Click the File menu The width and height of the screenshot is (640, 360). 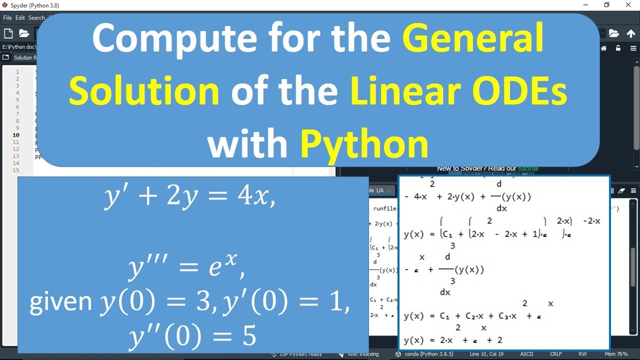(x=7, y=17)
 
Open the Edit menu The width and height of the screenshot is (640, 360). (x=20, y=17)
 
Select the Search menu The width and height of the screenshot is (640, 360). (x=36, y=17)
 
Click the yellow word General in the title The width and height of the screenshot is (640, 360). (x=473, y=39)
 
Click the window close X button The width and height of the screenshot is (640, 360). (x=628, y=5)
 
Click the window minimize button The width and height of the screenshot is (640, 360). (x=585, y=5)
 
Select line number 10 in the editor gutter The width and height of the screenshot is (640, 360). (x=16, y=135)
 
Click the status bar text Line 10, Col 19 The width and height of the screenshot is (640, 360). (x=486, y=354)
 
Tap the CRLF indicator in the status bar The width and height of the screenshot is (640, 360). (x=555, y=354)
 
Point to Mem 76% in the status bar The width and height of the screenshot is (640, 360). (x=615, y=354)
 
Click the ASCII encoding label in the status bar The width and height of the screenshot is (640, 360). (x=526, y=354)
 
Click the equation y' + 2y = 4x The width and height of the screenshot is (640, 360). (x=190, y=196)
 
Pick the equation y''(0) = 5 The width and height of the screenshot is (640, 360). (x=192, y=336)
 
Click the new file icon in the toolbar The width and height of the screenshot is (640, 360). (x=8, y=33)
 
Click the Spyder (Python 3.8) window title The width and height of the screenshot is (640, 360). (x=30, y=5)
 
